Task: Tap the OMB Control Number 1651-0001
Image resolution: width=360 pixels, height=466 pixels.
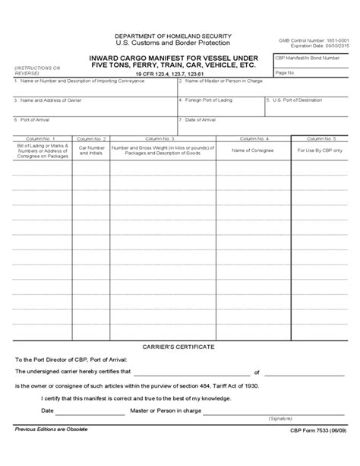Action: (x=312, y=40)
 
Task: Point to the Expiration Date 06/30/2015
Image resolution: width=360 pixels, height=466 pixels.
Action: (x=312, y=46)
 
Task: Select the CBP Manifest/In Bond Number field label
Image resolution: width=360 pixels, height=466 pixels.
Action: (x=305, y=56)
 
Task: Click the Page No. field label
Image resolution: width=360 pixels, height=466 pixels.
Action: (x=286, y=72)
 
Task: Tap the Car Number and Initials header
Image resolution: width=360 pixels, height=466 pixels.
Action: (x=90, y=151)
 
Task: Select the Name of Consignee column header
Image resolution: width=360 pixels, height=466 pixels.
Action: (x=253, y=151)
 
